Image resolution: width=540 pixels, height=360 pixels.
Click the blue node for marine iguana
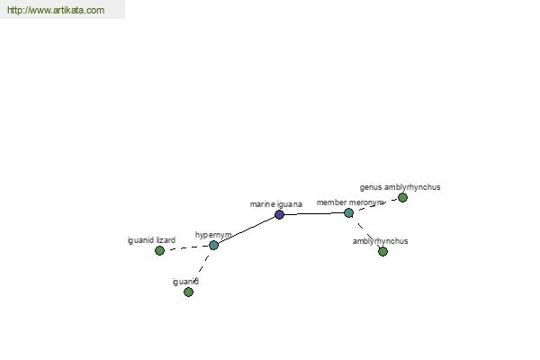click(x=279, y=215)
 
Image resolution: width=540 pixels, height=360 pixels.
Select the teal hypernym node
click(x=214, y=246)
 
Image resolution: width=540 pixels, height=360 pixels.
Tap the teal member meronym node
click(x=349, y=213)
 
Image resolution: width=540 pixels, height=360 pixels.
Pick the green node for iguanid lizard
click(x=159, y=250)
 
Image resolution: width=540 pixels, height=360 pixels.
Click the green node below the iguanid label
click(x=188, y=292)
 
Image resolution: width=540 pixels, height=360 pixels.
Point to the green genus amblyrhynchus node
click(x=402, y=197)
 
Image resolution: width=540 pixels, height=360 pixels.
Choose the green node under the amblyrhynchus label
click(x=383, y=251)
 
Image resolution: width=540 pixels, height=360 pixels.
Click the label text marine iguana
click(x=276, y=204)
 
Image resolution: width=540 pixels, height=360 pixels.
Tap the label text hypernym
click(x=213, y=235)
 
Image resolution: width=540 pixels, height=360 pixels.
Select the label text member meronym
click(x=350, y=202)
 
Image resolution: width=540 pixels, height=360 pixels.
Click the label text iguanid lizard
click(x=151, y=240)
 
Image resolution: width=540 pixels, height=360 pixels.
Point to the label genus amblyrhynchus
click(x=400, y=187)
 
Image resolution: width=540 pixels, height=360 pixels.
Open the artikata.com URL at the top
click(x=56, y=10)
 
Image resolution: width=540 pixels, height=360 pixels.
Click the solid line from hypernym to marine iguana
click(x=247, y=230)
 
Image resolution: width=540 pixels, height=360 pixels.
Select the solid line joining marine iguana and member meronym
click(x=314, y=214)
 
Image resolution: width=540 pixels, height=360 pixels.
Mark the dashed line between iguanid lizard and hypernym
click(x=186, y=247)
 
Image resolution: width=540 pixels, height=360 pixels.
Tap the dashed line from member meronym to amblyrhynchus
click(x=365, y=232)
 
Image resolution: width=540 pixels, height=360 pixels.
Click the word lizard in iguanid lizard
click(x=166, y=240)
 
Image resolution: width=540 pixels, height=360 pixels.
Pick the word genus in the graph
click(x=371, y=188)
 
